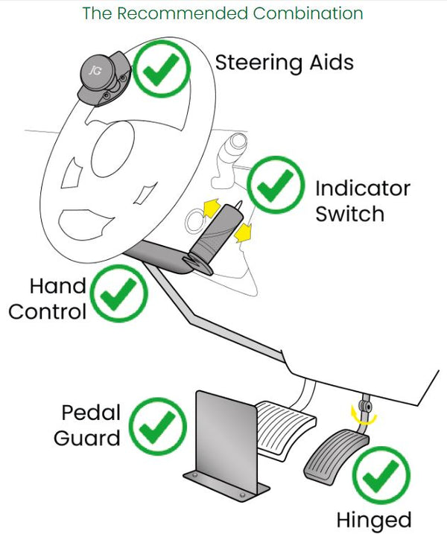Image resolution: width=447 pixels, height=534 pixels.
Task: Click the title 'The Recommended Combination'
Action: (x=223, y=14)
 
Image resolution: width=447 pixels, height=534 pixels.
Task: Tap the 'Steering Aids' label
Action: (x=284, y=62)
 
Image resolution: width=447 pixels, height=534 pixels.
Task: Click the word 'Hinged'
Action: (x=373, y=518)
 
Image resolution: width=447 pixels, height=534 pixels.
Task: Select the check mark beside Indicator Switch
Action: (x=276, y=186)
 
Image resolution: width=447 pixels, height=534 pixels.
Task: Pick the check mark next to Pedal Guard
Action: (x=158, y=427)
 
